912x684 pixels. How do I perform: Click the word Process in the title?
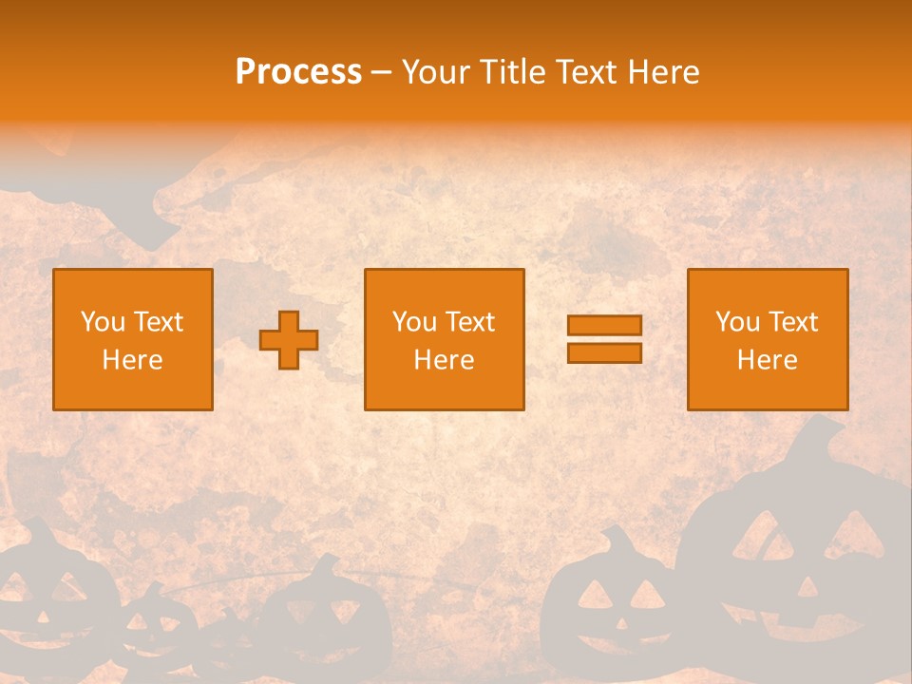tap(298, 72)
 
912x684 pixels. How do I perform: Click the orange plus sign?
tap(289, 340)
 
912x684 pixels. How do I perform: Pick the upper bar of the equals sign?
tap(604, 325)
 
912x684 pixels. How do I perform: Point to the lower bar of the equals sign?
tap(604, 352)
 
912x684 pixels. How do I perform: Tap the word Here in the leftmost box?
tap(133, 360)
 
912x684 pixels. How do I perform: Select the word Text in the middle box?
tap(470, 322)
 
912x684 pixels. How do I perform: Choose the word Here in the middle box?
tap(445, 360)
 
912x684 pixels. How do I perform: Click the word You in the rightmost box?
tap(738, 322)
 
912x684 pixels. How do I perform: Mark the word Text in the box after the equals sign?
tap(793, 322)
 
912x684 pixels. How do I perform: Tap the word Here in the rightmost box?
tap(768, 360)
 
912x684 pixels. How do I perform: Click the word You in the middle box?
tap(415, 322)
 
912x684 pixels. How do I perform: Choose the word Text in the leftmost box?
tap(159, 322)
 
